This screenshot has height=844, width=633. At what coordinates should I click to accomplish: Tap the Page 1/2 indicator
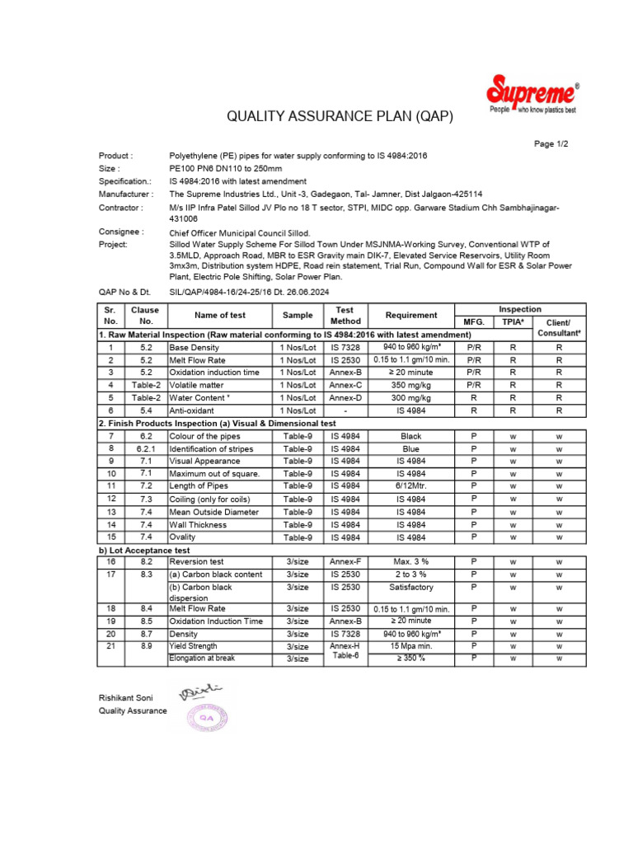coord(551,143)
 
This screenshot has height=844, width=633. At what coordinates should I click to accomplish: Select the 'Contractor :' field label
coord(121,208)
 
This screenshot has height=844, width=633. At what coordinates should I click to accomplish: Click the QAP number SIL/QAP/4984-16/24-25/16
coord(232,292)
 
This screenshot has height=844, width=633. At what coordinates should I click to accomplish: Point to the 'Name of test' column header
coord(220,315)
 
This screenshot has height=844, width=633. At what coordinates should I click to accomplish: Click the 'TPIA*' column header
coord(513,321)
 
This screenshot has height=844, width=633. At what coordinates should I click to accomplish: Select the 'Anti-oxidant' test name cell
coord(192,410)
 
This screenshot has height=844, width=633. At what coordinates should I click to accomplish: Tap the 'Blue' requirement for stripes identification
coord(411,448)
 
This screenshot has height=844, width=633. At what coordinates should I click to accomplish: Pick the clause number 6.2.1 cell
coord(146,448)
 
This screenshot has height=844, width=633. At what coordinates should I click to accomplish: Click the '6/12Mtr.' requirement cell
coord(411,486)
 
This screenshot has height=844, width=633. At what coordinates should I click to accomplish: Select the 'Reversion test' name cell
coord(196,561)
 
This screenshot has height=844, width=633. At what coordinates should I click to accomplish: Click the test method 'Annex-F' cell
coord(345,561)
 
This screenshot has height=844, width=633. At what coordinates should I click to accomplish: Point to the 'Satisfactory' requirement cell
coord(411,587)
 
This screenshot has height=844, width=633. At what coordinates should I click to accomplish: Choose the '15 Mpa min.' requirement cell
coord(411,646)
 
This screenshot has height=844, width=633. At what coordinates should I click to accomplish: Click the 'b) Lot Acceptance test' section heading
coord(144,549)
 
